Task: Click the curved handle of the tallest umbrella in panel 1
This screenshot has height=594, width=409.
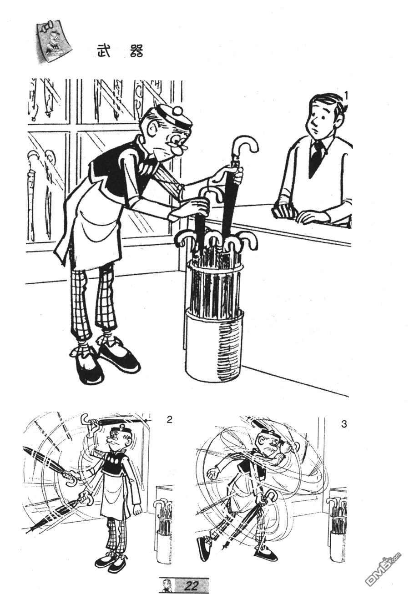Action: [243, 146]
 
